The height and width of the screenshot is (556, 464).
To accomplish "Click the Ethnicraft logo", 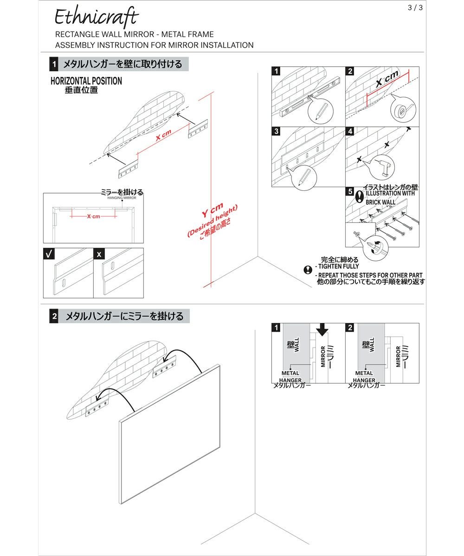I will tap(97, 18).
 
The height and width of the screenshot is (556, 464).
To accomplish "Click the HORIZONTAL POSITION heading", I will tap(86, 81).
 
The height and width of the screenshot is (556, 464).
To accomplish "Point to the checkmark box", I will tap(49, 254).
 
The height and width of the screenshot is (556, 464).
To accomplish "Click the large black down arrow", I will tap(322, 329).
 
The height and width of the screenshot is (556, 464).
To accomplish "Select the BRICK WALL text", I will tap(380, 202).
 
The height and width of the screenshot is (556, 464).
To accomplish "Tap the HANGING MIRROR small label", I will tap(122, 197).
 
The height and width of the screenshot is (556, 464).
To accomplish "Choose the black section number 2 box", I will tap(55, 317).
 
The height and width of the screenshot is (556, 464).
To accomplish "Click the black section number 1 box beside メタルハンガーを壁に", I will tap(55, 64).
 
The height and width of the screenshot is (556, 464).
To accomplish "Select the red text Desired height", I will tap(213, 221).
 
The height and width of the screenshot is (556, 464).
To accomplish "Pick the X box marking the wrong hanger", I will tap(99, 254).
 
